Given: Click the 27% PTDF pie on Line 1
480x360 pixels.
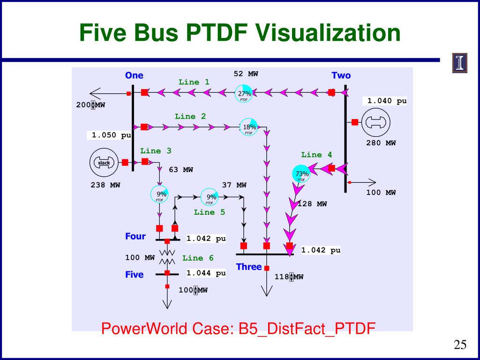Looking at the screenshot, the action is (x=244, y=93).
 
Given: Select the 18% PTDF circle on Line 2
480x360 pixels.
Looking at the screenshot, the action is (x=249, y=127).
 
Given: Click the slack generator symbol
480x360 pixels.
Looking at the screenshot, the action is (x=103, y=162).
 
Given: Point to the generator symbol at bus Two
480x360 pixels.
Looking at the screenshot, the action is (x=376, y=122).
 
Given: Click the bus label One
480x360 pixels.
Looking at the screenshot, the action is (x=134, y=75).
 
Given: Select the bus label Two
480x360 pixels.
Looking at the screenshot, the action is (x=341, y=75).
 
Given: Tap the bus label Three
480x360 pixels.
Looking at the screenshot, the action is (x=249, y=267).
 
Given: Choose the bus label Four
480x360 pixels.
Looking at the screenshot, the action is (x=135, y=236).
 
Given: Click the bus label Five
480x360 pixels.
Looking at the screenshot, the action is (x=135, y=275).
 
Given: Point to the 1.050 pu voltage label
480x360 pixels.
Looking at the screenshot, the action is (x=111, y=135).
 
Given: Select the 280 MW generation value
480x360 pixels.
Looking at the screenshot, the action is (x=381, y=143).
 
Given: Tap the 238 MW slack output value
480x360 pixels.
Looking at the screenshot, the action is (x=105, y=185).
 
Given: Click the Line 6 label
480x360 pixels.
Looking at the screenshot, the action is (x=198, y=258).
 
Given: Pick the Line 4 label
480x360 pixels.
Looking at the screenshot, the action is (x=316, y=155).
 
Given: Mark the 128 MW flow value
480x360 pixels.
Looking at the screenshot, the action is (x=312, y=204).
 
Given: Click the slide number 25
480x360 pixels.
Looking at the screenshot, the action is (x=460, y=345).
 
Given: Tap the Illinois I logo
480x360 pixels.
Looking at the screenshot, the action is (x=459, y=63).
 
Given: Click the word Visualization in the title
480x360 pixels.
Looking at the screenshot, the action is (x=328, y=33).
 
